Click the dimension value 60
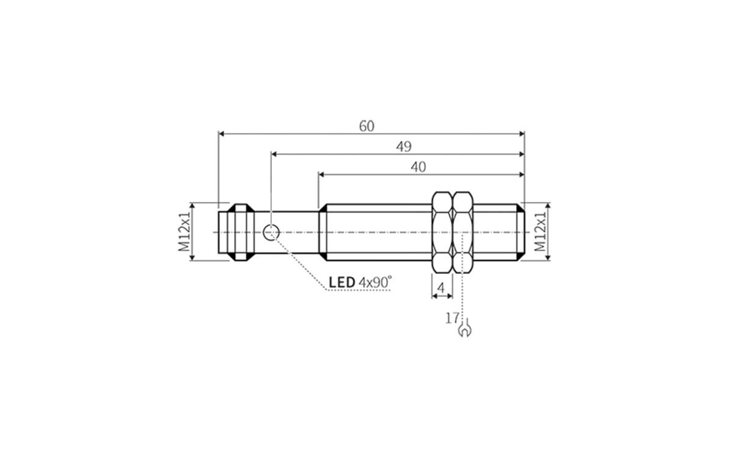[x=366, y=126]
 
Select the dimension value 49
[x=404, y=146]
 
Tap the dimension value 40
[x=418, y=167]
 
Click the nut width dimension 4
[x=442, y=287]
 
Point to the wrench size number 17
[x=451, y=317]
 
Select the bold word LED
[x=342, y=282]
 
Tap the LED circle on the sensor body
[x=271, y=232]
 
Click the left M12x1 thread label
[x=184, y=232]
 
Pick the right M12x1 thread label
[x=540, y=232]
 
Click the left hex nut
[x=442, y=232]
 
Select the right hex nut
[x=463, y=232]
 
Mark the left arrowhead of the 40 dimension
[x=322, y=174]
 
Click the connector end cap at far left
[x=235, y=232]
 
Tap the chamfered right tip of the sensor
[x=520, y=232]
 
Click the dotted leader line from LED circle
[x=299, y=262]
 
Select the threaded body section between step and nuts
[x=376, y=232]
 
